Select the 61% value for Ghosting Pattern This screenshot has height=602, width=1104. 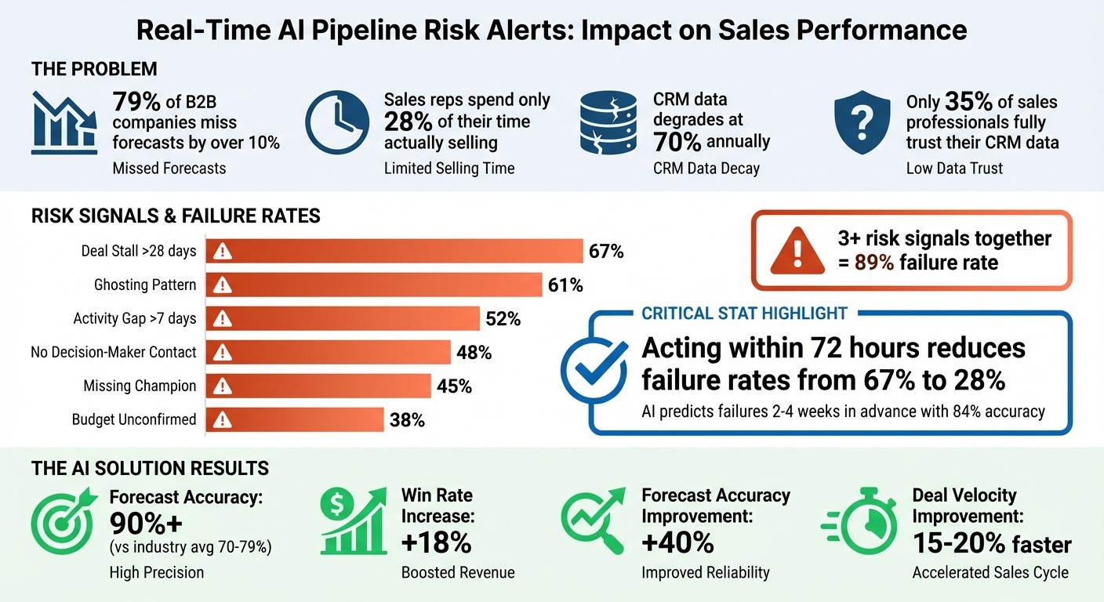pyautogui.click(x=565, y=285)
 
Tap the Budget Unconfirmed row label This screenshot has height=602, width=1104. pyautogui.click(x=134, y=419)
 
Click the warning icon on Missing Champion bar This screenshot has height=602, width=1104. pyautogui.click(x=223, y=386)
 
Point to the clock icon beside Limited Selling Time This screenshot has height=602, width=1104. pyautogui.click(x=336, y=122)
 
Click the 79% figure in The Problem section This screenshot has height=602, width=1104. pyautogui.click(x=138, y=103)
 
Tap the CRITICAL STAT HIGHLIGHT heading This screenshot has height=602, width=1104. pyautogui.click(x=744, y=314)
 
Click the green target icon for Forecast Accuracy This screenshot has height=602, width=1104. pyautogui.click(x=64, y=522)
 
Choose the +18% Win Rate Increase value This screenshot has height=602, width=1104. pyautogui.click(x=436, y=542)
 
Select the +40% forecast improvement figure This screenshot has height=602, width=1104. pyautogui.click(x=677, y=542)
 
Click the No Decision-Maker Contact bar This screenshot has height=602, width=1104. pyautogui.click(x=328, y=352)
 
